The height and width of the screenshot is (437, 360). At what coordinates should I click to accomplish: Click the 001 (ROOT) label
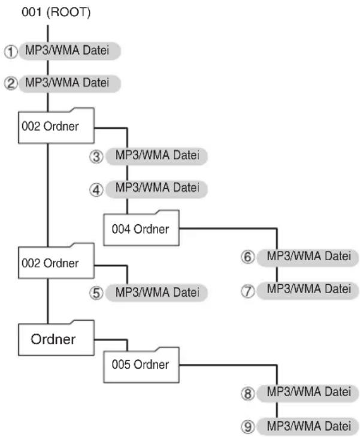pos(56,12)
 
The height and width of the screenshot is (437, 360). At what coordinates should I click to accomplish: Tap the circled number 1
pos(11,52)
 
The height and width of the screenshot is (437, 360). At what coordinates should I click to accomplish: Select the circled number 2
pos(11,83)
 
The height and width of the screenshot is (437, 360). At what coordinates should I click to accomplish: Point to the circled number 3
pos(96,156)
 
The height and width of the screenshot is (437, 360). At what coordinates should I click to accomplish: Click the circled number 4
pos(96,190)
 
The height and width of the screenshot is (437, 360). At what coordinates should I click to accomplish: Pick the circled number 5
pos(96,293)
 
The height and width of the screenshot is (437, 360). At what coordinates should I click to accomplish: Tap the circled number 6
pos(247,257)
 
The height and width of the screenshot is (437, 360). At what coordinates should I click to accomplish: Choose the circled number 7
pos(247,291)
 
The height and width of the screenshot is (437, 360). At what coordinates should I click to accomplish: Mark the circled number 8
pos(247,393)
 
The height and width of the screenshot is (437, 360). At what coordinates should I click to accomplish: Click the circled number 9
pos(247,427)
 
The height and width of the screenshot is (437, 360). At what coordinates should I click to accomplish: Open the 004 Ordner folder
pos(141,228)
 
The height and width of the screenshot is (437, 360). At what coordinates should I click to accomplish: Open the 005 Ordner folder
pos(141,365)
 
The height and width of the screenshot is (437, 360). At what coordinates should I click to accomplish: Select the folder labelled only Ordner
pos(56,338)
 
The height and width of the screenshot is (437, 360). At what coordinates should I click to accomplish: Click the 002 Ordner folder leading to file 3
pos(56,126)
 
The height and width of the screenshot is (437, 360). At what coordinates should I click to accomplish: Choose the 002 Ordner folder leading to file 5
pos(56,261)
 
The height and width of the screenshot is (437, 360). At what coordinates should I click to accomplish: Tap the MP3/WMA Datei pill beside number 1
pos(69,51)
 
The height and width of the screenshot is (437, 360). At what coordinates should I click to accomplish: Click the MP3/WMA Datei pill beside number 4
pos(157,189)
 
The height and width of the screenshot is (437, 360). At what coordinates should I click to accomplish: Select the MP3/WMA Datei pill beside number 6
pos(308,258)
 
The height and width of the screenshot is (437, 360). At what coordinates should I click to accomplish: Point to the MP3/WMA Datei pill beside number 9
pos(308,426)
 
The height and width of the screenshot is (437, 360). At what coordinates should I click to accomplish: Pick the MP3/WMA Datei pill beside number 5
pos(157,293)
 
